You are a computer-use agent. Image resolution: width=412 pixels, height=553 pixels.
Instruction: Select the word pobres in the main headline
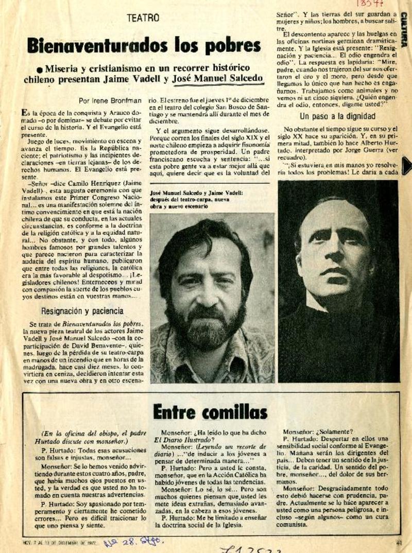pyautogui.click(x=230, y=45)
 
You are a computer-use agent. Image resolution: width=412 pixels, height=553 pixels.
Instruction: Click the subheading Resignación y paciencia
pyautogui.click(x=82, y=310)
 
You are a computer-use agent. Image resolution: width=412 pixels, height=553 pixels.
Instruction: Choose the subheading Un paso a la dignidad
pyautogui.click(x=338, y=116)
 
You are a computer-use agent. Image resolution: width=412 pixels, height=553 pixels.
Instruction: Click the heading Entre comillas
pyautogui.click(x=210, y=411)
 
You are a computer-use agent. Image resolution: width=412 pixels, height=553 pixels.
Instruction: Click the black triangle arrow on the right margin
pyautogui.click(x=406, y=166)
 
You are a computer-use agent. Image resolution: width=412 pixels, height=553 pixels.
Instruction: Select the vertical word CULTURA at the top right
pyautogui.click(x=405, y=30)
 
